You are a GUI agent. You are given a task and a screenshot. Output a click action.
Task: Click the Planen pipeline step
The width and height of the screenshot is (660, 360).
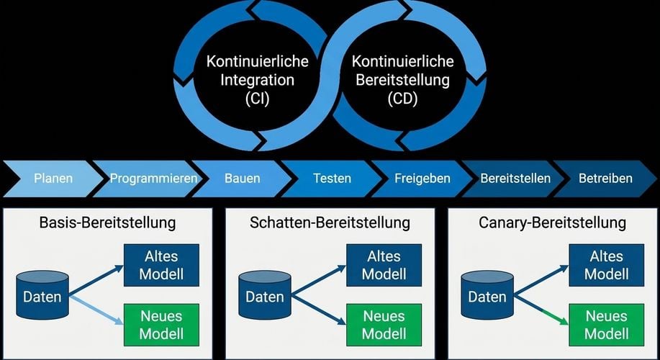click(53, 179)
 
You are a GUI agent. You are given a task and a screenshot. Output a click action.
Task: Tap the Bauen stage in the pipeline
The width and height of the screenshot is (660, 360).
click(242, 179)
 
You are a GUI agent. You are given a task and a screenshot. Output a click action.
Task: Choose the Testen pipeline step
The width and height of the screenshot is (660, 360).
click(332, 179)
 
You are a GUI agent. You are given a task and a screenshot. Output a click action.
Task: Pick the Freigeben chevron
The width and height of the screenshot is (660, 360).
click(422, 179)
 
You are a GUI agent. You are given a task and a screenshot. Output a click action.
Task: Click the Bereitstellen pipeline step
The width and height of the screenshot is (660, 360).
click(515, 179)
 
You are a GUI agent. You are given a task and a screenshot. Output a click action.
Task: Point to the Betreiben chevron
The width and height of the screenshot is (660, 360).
click(605, 179)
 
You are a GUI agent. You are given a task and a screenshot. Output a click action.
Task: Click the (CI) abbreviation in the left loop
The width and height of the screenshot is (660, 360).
click(257, 99)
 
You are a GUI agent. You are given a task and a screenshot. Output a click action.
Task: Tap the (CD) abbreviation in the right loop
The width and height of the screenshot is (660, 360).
click(402, 99)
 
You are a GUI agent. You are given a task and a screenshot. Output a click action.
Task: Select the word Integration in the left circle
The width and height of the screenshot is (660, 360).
click(257, 80)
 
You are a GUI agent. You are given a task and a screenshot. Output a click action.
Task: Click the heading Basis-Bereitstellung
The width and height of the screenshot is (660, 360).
click(107, 222)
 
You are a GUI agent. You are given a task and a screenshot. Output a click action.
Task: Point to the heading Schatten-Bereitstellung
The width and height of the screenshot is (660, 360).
click(330, 222)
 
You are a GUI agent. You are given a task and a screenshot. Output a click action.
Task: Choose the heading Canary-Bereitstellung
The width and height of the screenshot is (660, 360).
click(552, 222)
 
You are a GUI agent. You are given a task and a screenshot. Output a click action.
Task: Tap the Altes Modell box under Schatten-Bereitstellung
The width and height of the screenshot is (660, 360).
click(384, 265)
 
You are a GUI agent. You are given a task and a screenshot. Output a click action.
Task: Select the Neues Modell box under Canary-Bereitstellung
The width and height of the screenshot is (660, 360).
click(607, 325)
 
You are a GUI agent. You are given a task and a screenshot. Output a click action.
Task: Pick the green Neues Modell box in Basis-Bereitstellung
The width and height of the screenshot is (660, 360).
click(161, 325)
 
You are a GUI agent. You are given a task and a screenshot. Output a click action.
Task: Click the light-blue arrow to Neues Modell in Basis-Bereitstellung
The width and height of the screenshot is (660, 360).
click(96, 310)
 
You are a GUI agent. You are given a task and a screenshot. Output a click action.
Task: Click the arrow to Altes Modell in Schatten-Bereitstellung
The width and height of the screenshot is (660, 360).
click(319, 280)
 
